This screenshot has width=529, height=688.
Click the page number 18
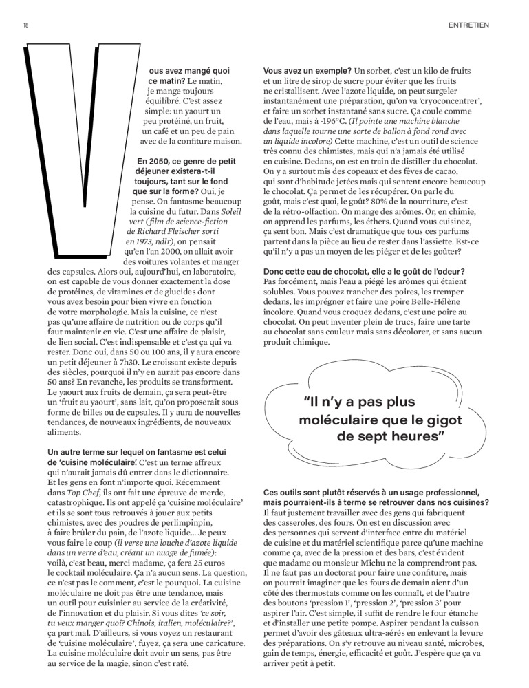[25, 25]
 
